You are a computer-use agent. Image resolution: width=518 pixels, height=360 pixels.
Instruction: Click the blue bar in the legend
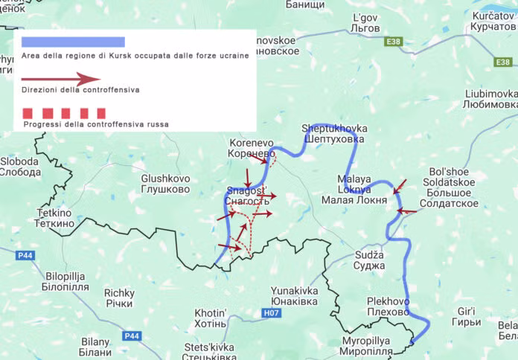tap(73, 42)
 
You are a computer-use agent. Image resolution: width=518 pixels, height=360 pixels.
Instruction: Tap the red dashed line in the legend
tap(64, 113)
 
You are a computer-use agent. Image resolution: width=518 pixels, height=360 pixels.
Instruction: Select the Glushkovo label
tap(165, 184)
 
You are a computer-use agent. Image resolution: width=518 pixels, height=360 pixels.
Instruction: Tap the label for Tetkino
tap(54, 217)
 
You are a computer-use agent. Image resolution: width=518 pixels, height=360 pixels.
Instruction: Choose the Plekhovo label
tap(388, 306)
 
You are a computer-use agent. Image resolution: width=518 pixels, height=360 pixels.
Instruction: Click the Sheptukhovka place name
tap(334, 133)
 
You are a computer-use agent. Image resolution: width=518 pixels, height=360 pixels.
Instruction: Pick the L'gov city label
tap(365, 22)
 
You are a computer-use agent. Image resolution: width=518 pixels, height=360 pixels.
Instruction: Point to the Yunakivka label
tap(295, 295)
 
